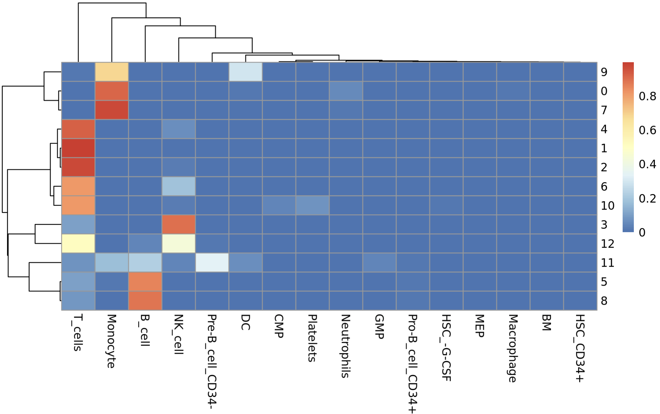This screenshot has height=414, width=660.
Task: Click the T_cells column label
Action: point(78,333)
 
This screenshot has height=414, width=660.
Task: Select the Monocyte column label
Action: point(111,341)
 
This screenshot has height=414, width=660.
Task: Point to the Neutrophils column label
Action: point(346,346)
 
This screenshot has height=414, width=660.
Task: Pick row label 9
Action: point(604,72)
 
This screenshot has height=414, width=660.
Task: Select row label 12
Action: point(607,244)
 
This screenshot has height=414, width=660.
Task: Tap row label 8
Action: point(604,301)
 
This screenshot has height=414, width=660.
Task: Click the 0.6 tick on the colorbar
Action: point(647,130)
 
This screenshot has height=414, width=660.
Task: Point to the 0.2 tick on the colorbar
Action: point(647,199)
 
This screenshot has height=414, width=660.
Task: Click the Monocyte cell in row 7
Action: point(112,110)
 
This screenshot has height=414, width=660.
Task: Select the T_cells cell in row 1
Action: point(78,148)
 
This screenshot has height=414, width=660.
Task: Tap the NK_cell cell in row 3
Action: point(179,224)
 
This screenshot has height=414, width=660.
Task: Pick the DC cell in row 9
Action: point(245,72)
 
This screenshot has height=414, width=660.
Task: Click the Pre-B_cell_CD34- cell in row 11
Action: point(212,262)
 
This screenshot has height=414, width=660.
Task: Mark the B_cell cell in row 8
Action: point(145,301)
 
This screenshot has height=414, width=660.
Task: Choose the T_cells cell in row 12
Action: point(78,243)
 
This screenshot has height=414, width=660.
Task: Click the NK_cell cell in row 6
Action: point(179,186)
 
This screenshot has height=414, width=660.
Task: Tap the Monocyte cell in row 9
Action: point(112,72)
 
